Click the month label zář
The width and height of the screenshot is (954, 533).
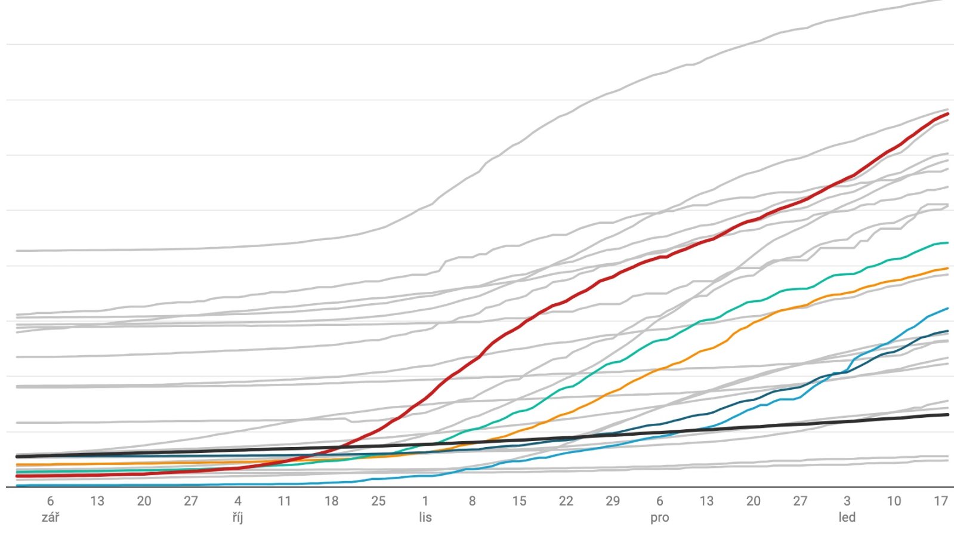[50, 517]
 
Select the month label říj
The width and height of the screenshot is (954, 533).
[237, 517]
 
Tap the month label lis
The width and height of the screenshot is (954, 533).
[425, 517]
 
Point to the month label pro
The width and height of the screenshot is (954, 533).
[659, 518]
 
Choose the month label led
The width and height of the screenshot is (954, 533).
[847, 517]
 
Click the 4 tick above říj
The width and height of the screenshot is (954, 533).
[237, 501]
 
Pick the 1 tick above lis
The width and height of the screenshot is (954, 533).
[425, 501]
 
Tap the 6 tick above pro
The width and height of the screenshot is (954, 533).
[659, 501]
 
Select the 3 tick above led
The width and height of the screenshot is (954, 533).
[847, 501]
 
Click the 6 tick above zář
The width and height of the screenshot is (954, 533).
[50, 501]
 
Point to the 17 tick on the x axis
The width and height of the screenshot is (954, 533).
[940, 501]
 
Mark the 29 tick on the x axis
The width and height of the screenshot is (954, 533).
[613, 501]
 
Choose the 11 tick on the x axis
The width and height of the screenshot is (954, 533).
[285, 501]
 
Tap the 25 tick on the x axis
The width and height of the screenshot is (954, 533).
[378, 501]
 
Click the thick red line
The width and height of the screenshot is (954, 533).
[481, 356]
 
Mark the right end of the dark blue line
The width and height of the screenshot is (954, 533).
[948, 331]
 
